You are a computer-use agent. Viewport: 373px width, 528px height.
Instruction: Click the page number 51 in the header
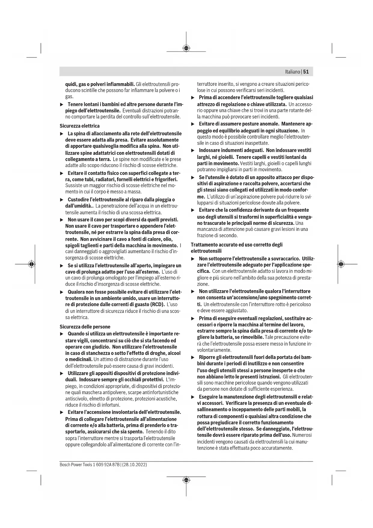click(306, 72)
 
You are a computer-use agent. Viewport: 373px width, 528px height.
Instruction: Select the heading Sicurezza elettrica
click(79, 126)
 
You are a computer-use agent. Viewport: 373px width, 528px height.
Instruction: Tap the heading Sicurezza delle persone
click(85, 327)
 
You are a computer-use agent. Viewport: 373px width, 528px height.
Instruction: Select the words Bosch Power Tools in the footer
click(74, 465)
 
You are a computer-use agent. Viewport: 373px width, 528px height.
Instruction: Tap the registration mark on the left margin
click(31, 264)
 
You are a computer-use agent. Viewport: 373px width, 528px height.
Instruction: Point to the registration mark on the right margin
click(341, 264)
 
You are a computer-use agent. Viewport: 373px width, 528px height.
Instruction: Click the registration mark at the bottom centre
click(186, 480)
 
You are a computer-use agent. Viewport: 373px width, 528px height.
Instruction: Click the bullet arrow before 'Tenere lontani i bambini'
click(62, 104)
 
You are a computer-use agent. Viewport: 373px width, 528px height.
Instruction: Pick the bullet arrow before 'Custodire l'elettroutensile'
click(62, 200)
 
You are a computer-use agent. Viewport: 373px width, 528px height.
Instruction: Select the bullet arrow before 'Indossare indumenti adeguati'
click(193, 150)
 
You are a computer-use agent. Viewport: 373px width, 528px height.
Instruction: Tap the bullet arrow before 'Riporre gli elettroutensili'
click(193, 357)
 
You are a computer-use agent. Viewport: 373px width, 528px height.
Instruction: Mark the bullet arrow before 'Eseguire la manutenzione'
click(193, 397)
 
